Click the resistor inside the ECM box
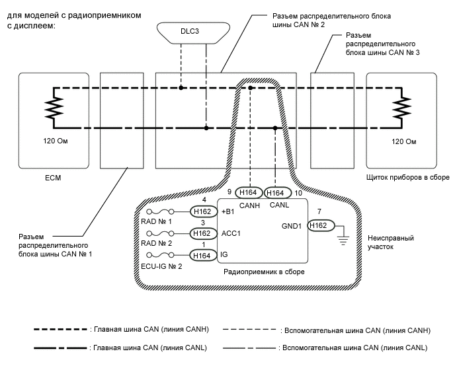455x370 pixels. [x=50, y=106]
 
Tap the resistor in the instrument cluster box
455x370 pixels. [x=398, y=106]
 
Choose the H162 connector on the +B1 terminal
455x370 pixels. [x=202, y=211]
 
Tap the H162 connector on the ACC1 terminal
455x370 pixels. [x=202, y=233]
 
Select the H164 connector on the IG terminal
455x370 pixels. [x=202, y=255]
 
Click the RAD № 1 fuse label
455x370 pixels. [x=156, y=222]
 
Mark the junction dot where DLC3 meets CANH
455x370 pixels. [x=180, y=87]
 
